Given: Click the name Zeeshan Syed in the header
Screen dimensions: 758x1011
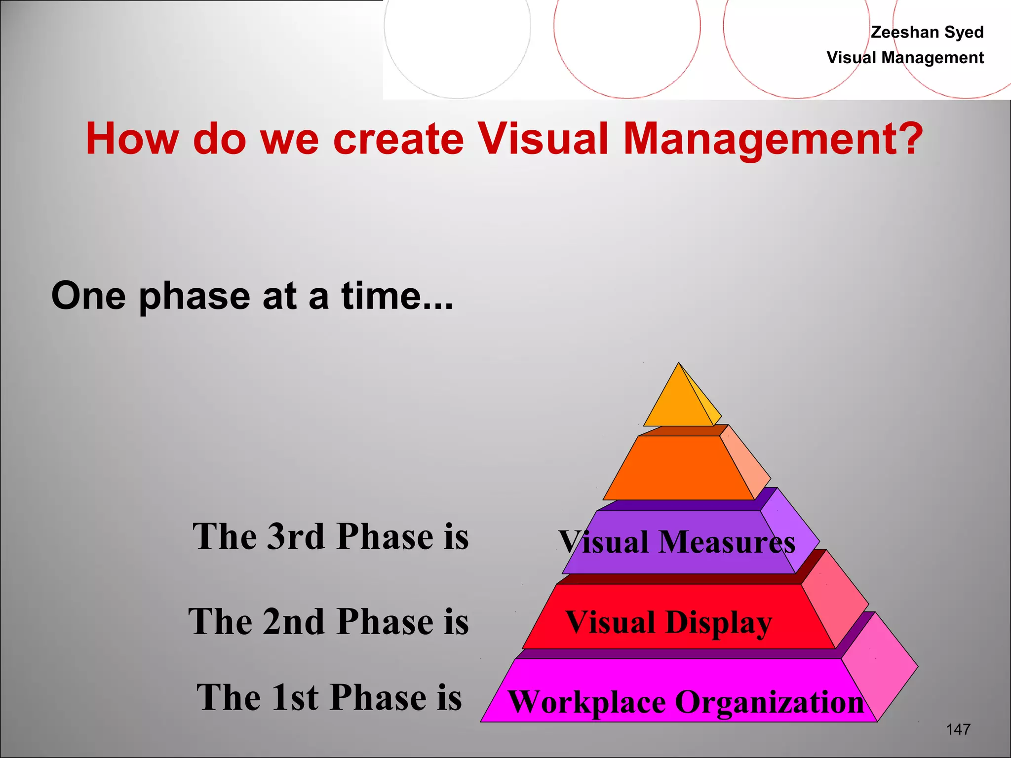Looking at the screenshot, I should pyautogui.click(x=927, y=32).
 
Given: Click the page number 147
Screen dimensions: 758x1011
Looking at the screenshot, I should pyautogui.click(x=958, y=729).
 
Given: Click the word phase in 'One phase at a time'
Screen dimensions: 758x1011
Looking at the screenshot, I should pyautogui.click(x=194, y=297).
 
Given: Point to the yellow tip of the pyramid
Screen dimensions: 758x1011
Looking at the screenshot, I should pyautogui.click(x=679, y=402).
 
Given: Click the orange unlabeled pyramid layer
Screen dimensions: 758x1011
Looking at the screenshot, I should pyautogui.click(x=679, y=468).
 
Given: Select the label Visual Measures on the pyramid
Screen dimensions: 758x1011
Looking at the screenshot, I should pyautogui.click(x=677, y=542).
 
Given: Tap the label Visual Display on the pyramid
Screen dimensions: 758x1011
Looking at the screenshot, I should pyautogui.click(x=668, y=622).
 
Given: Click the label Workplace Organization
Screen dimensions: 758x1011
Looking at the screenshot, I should pyautogui.click(x=686, y=702).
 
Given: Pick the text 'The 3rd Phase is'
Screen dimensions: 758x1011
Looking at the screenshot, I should pyautogui.click(x=330, y=536).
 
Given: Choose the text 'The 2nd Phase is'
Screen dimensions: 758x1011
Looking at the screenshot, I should pyautogui.click(x=328, y=622).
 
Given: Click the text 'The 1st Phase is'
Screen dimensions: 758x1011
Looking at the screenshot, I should pyautogui.click(x=329, y=697).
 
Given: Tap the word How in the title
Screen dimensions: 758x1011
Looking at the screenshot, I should pyautogui.click(x=132, y=139).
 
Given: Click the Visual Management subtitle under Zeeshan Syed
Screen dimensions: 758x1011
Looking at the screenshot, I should pyautogui.click(x=905, y=58).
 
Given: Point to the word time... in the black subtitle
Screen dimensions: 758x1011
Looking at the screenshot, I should pyautogui.click(x=397, y=296).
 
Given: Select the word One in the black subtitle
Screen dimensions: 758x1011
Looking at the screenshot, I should pyautogui.click(x=88, y=296).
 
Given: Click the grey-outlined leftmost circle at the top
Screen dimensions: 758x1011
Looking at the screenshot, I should pyautogui.click(x=457, y=30).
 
